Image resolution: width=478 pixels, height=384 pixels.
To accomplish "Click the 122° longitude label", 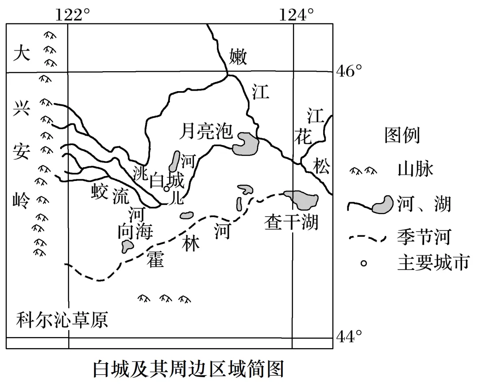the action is click(x=69, y=15).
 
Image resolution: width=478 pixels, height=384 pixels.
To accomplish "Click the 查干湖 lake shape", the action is click(x=301, y=200).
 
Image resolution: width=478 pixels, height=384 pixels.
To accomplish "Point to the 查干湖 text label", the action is click(x=291, y=222).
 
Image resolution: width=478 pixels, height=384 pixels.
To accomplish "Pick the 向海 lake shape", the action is click(x=128, y=246).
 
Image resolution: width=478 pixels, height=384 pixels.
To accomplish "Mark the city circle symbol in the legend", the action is click(x=364, y=264).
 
